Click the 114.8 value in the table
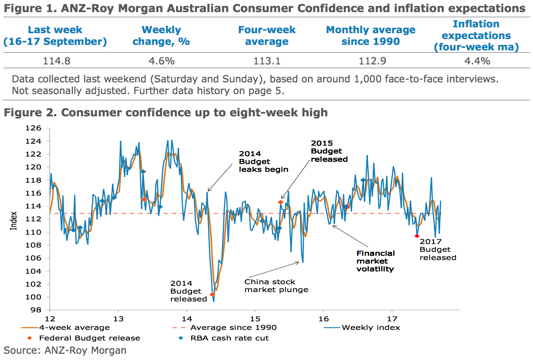57,61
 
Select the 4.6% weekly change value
162,61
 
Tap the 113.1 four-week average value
267,61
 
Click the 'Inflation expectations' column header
476,36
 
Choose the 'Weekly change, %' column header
161,36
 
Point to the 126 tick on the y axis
33,128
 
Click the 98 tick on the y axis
36,310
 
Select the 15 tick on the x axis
255,319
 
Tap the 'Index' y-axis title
14,221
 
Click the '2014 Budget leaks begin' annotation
263,162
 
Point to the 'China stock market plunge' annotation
276,286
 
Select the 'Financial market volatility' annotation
375,261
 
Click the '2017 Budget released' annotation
437,250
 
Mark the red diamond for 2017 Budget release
417,236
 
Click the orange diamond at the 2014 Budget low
212,294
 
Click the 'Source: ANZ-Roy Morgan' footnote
65,350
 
